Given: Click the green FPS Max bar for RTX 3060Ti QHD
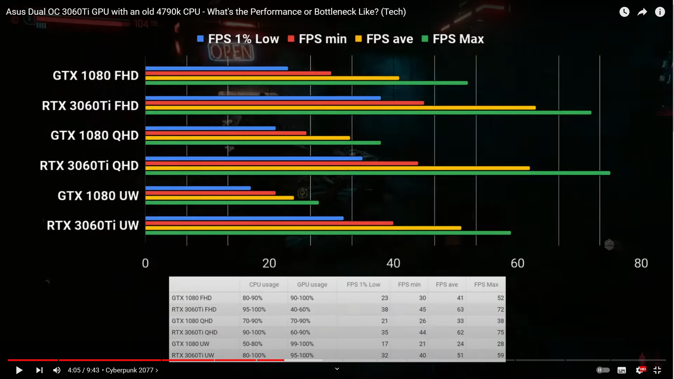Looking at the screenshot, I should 378,173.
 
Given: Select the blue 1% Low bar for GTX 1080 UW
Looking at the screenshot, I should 198,188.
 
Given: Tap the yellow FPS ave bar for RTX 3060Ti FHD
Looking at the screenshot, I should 340,108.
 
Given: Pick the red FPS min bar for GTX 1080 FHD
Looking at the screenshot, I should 238,73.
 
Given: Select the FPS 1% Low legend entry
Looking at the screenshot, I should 238,39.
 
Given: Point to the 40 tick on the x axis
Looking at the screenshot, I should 393,263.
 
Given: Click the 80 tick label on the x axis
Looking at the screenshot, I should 641,263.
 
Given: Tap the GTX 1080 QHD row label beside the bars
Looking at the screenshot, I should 95,136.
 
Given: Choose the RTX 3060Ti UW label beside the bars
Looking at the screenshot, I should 93,226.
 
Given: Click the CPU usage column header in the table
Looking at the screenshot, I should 264,285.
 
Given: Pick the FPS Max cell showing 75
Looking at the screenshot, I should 500,332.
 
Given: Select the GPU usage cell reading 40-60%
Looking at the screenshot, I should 300,310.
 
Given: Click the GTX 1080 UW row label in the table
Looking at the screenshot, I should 190,344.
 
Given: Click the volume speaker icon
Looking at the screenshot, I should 57,370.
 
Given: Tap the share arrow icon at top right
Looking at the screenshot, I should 642,12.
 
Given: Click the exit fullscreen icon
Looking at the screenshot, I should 657,370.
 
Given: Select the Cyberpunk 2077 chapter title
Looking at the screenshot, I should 130,370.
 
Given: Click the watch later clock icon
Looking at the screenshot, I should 624,12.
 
